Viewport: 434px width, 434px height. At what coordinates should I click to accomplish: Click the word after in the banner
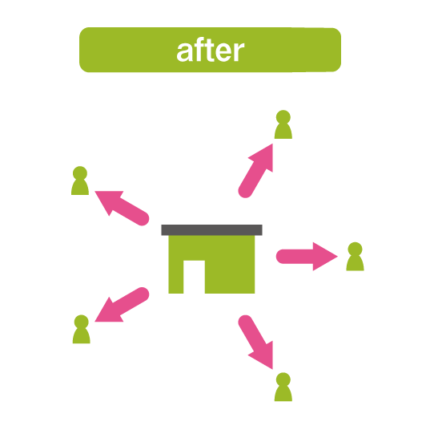(211, 50)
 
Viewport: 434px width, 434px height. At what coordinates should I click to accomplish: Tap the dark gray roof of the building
(211, 230)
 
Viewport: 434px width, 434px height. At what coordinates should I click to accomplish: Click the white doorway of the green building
(194, 277)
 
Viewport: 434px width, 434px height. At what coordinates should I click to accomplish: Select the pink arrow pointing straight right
(307, 257)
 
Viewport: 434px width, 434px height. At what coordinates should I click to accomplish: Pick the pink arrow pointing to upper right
(255, 171)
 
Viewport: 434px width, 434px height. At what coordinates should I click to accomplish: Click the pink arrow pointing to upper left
(122, 209)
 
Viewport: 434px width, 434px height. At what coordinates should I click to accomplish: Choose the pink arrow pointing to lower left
(122, 305)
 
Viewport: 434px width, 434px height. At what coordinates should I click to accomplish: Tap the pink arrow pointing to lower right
(255, 342)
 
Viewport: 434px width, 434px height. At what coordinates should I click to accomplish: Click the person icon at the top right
(283, 124)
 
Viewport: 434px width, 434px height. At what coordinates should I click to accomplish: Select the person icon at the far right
(355, 256)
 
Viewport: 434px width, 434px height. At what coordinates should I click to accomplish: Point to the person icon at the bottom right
(283, 387)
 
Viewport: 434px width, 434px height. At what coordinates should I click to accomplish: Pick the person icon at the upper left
(80, 180)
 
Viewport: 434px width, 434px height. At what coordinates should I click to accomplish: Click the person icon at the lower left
(82, 329)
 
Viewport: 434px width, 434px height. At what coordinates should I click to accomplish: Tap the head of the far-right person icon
(355, 249)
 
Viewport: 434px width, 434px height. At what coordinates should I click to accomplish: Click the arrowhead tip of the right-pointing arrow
(338, 257)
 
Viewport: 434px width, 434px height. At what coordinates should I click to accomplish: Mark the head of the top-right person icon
(283, 117)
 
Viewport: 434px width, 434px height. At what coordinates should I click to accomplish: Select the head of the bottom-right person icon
(283, 379)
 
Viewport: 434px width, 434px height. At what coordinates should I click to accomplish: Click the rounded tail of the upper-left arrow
(143, 219)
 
